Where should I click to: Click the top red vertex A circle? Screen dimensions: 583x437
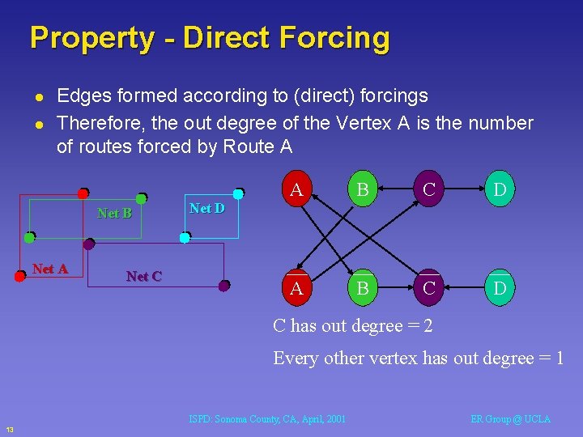click(x=296, y=190)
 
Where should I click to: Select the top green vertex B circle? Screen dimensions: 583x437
click(x=364, y=190)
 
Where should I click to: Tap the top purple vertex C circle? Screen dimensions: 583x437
click(x=429, y=190)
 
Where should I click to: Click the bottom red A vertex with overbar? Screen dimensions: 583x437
click(x=296, y=287)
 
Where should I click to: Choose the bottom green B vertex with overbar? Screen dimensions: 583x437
click(x=364, y=287)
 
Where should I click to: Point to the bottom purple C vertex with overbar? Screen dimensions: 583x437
click(x=429, y=287)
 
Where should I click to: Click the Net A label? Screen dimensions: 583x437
click(x=50, y=269)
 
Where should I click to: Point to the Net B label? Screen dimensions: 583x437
click(x=114, y=213)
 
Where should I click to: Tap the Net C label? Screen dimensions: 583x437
click(x=144, y=276)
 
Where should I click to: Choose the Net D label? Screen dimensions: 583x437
click(x=206, y=208)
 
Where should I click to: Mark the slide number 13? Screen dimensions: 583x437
click(x=9, y=428)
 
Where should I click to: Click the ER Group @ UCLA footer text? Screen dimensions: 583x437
click(x=510, y=418)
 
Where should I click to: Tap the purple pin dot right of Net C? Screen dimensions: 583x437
click(x=224, y=285)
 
